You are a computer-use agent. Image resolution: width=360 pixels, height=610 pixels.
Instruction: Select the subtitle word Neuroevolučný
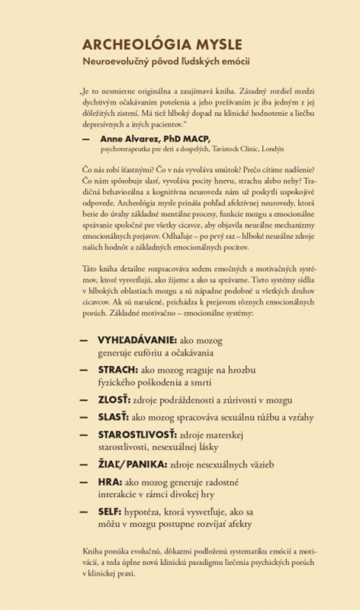click(116, 62)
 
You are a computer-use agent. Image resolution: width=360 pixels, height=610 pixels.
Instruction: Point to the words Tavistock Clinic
click(228, 148)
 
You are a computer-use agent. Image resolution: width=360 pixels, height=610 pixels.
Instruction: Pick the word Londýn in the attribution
click(269, 148)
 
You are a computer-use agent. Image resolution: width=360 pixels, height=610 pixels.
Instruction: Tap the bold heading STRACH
click(118, 369)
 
